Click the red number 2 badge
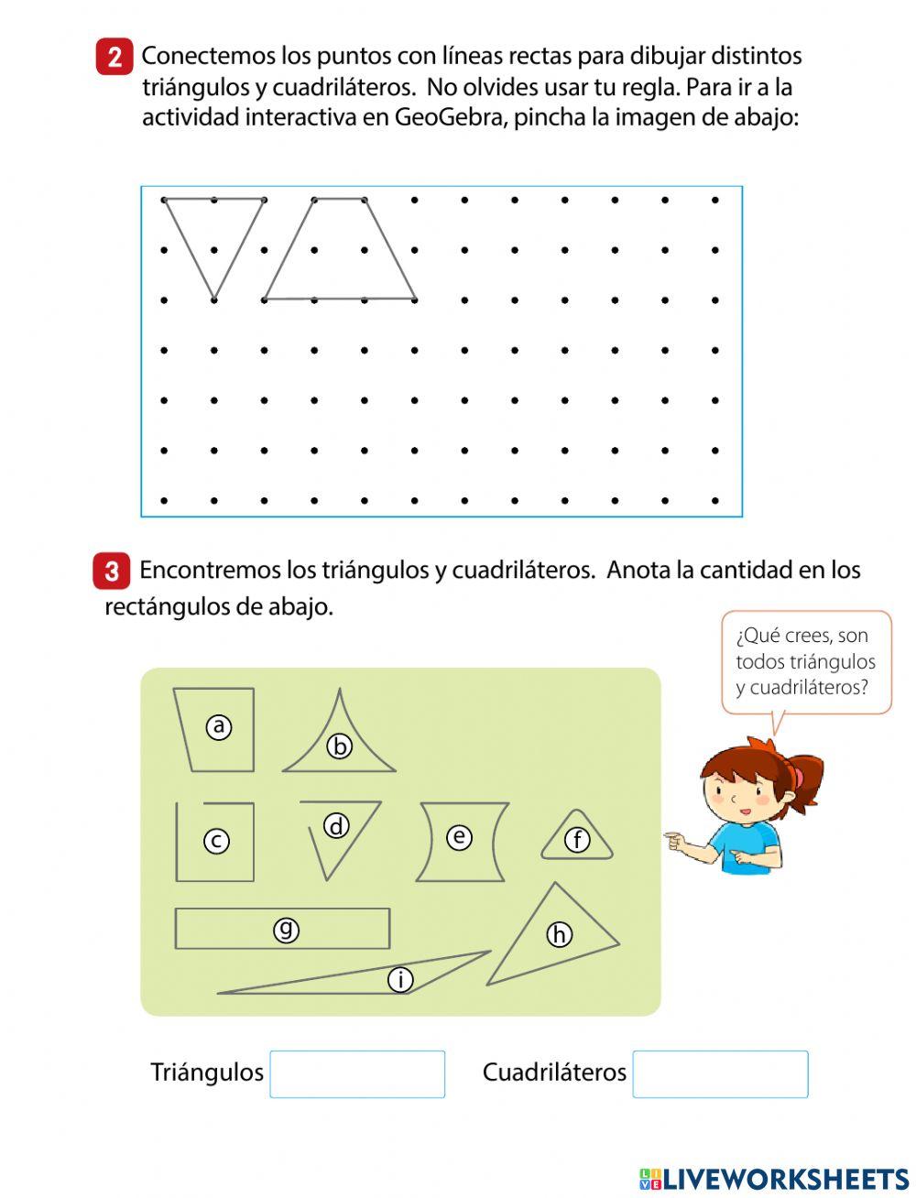pos(114,57)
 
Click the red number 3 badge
pos(111,572)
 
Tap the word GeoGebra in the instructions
pos(448,118)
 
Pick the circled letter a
pos(218,726)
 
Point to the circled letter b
pos(340,746)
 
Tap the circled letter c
pos(216,841)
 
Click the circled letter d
pos(337,826)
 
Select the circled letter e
pos(459,836)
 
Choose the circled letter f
pos(577,840)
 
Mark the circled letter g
pos(287,930)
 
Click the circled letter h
pos(559,934)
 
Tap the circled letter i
pos(400,980)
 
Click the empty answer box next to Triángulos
pos(357,1074)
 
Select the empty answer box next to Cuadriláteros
pos(720,1074)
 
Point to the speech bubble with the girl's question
pos(805,661)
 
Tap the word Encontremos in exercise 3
pos(209,571)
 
